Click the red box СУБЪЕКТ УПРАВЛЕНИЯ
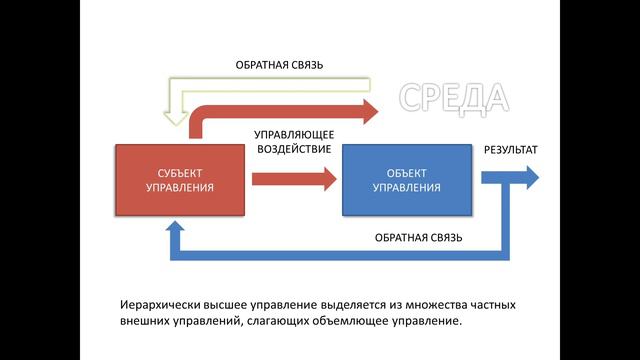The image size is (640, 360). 180,179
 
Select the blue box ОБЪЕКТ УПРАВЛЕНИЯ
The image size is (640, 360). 406,179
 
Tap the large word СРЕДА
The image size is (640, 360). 454,98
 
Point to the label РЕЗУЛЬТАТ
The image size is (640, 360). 511,150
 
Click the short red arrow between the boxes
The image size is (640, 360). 294,179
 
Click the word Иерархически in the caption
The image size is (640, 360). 148,302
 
